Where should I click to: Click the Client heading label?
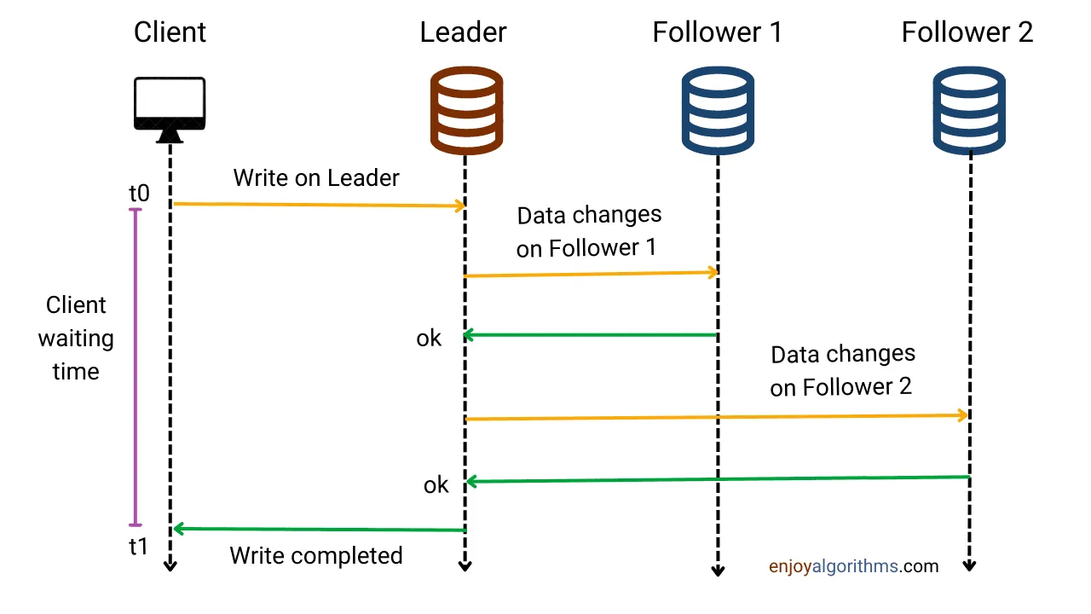pyautogui.click(x=170, y=32)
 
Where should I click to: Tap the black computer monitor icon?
pyautogui.click(x=170, y=109)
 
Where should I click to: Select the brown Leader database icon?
pyautogui.click(x=465, y=110)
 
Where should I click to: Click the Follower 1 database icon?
pyautogui.click(x=717, y=110)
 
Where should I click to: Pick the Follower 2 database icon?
pyautogui.click(x=968, y=110)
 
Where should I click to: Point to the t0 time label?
pyautogui.click(x=139, y=194)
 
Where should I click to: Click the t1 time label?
pyautogui.click(x=139, y=547)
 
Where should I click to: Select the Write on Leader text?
pyautogui.click(x=316, y=178)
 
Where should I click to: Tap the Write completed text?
pyautogui.click(x=316, y=556)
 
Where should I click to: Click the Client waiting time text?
pyautogui.click(x=76, y=339)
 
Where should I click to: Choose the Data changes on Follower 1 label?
pyautogui.click(x=588, y=231)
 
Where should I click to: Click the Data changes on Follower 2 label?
pyautogui.click(x=842, y=370)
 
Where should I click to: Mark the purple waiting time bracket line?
pyautogui.click(x=134, y=367)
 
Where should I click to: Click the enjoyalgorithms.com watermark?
pyautogui.click(x=853, y=565)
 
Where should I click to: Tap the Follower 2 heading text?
pyautogui.click(x=967, y=32)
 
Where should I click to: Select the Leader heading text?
pyautogui.click(x=464, y=32)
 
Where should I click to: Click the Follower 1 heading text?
pyautogui.click(x=717, y=32)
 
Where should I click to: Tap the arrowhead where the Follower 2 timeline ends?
pyautogui.click(x=969, y=566)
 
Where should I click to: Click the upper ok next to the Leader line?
pyautogui.click(x=429, y=339)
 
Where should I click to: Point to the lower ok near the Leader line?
pyautogui.click(x=436, y=485)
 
